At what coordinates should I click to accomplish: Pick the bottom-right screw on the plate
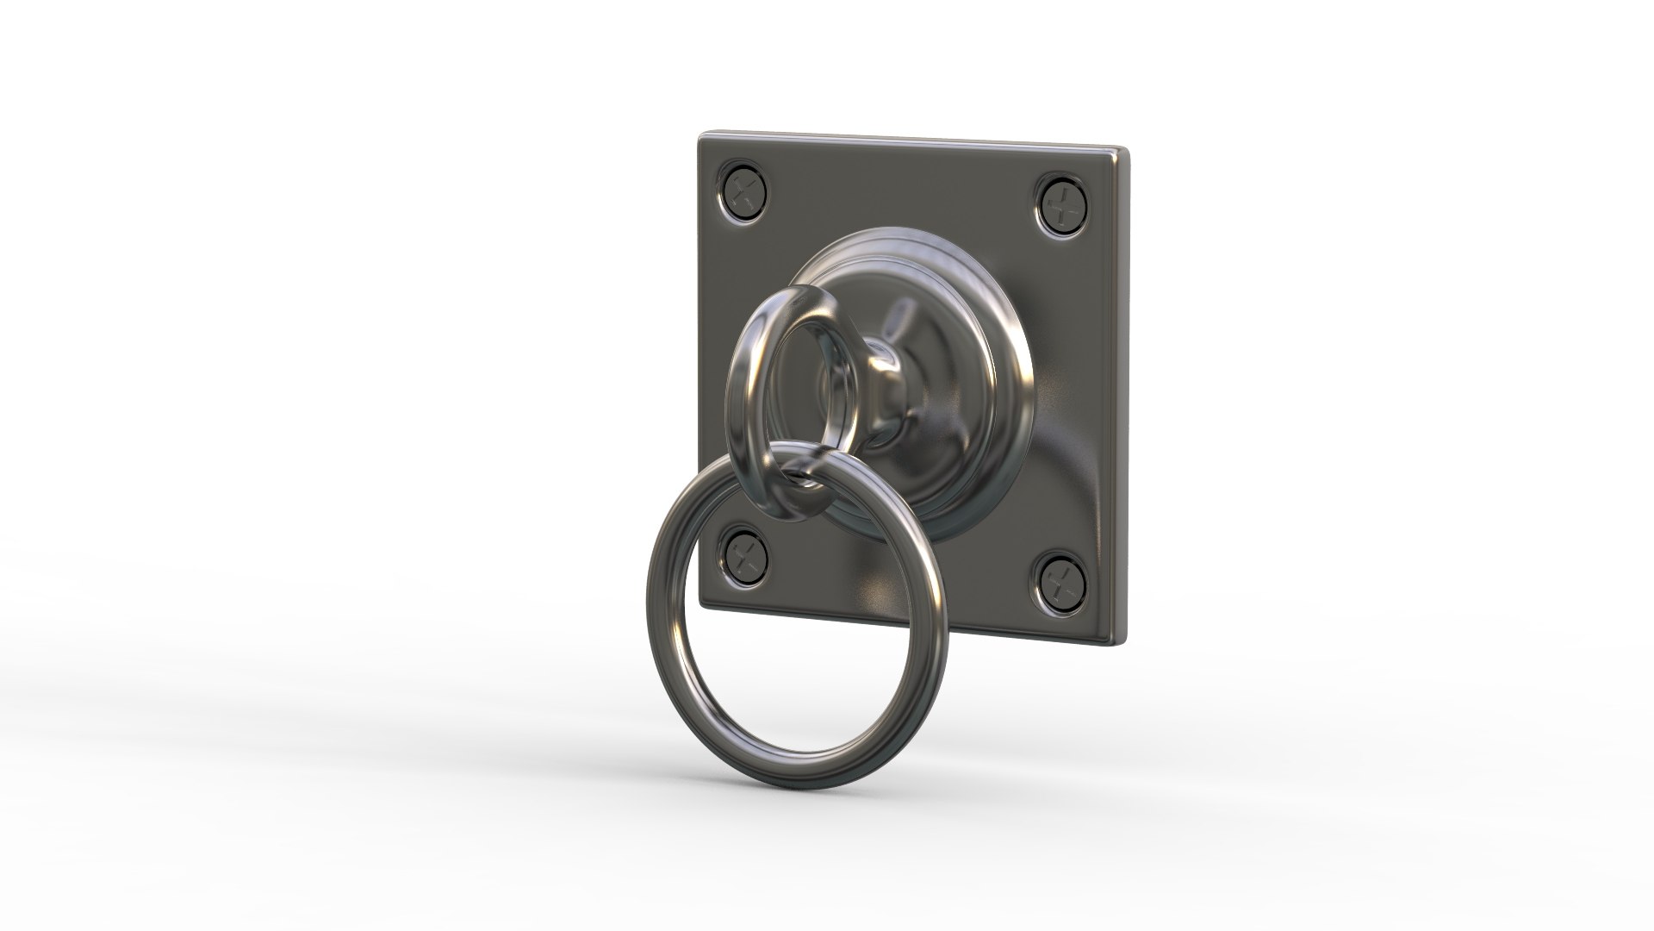point(1064,583)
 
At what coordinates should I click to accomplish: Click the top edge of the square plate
point(905,141)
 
